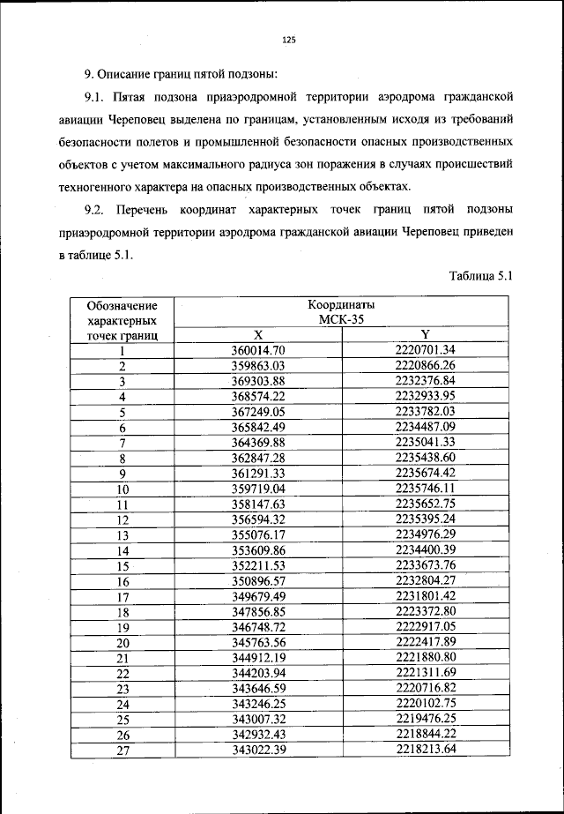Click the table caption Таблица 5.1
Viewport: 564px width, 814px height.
click(480, 276)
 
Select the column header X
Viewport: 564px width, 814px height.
click(258, 335)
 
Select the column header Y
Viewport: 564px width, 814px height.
click(425, 334)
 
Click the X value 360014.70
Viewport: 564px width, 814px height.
click(258, 350)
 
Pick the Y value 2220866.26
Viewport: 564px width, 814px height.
click(425, 365)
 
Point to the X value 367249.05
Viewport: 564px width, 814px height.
click(258, 411)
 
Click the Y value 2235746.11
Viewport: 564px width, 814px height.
click(425, 488)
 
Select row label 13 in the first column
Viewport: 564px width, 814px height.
click(122, 534)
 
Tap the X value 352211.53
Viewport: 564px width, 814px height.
click(258, 565)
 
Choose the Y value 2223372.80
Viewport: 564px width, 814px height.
click(425, 611)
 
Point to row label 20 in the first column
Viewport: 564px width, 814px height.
click(122, 642)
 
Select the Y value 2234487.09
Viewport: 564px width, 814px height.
click(425, 427)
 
